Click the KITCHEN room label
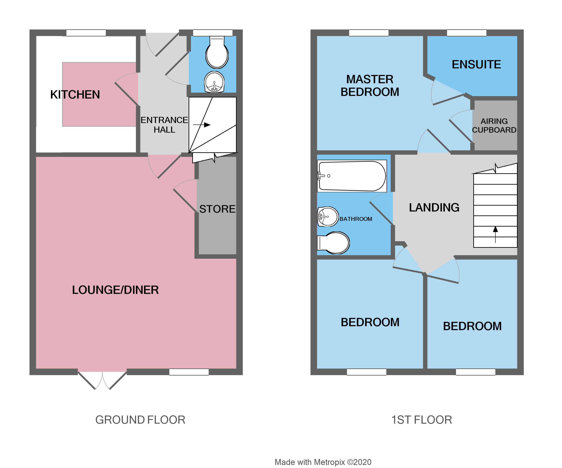(x=75, y=95)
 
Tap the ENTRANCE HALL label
(x=164, y=125)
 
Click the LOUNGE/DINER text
(x=115, y=290)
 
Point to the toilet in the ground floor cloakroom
(x=217, y=54)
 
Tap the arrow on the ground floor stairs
(x=202, y=125)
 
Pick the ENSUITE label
(x=476, y=64)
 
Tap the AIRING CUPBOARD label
(x=494, y=125)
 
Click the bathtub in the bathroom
(x=352, y=176)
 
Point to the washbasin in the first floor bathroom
(x=328, y=217)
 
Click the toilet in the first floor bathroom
(x=335, y=243)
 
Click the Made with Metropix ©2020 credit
(x=323, y=462)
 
